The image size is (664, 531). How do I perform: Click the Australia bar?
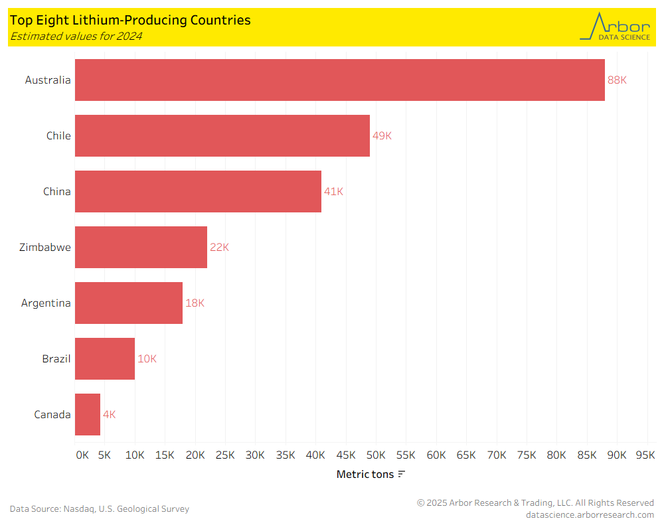(339, 80)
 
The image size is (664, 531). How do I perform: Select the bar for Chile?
(222, 135)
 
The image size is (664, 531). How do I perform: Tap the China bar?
(198, 191)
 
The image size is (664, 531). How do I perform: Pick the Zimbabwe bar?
(141, 247)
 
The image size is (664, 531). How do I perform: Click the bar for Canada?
(88, 414)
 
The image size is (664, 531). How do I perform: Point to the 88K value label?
(617, 80)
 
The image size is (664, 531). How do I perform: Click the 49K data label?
(382, 135)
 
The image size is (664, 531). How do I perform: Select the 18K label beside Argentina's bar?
(195, 303)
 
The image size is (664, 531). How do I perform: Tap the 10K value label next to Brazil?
(147, 358)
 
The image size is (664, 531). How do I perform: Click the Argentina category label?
(46, 303)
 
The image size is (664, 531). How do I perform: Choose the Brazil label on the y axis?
(56, 358)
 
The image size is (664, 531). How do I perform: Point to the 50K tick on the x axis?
(375, 455)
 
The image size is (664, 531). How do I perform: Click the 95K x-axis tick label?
(645, 455)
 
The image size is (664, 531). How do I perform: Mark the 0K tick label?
(82, 455)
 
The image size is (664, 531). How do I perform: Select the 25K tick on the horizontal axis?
(225, 455)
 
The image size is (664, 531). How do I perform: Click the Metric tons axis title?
(365, 474)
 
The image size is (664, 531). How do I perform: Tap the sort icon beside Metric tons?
(401, 474)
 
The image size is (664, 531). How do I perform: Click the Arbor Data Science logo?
(615, 27)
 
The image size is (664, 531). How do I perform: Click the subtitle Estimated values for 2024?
(76, 37)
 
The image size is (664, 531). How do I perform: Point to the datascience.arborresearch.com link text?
(590, 514)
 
